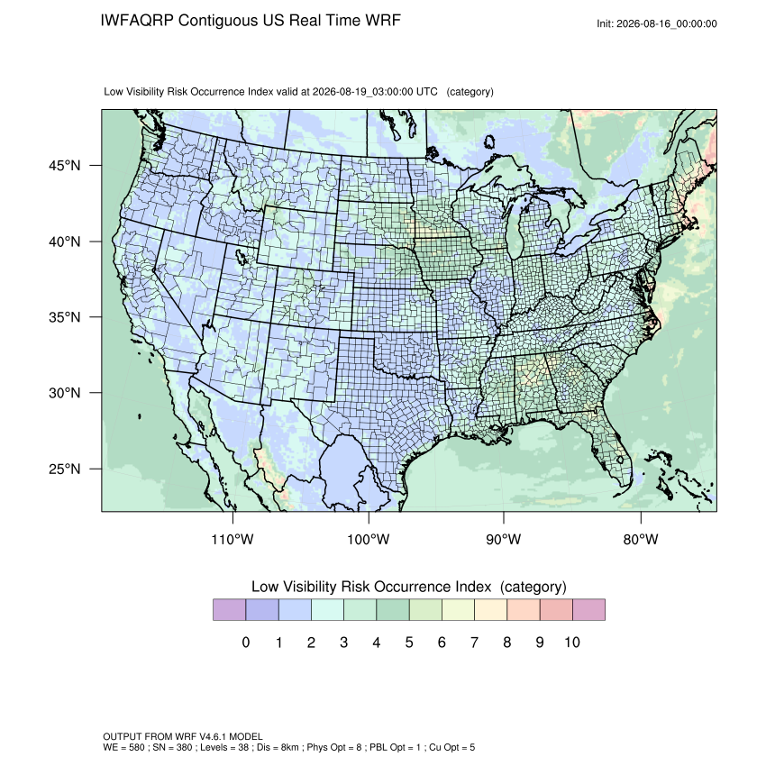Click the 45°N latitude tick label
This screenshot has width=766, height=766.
pos(65,166)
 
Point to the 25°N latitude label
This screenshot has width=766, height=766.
pos(65,469)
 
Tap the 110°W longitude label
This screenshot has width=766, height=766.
pos(233,539)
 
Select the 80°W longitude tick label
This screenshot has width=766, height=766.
pos(641,539)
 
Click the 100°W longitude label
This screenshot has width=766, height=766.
pos(369,539)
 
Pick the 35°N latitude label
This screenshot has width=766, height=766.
pos(65,317)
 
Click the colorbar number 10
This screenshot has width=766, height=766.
pos(572,642)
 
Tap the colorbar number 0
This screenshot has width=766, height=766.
pos(246,642)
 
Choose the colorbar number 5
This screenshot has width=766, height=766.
pos(409,642)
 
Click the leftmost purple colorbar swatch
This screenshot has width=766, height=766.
pos(229,610)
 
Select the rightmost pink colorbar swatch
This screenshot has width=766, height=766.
pos(588,610)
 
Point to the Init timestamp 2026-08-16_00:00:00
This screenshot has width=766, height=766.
pos(667,23)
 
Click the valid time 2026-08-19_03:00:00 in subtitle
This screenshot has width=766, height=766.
pos(363,92)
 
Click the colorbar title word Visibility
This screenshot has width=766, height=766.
pos(310,587)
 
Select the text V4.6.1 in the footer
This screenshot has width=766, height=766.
pos(213,736)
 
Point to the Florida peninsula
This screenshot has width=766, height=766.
pos(613,450)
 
